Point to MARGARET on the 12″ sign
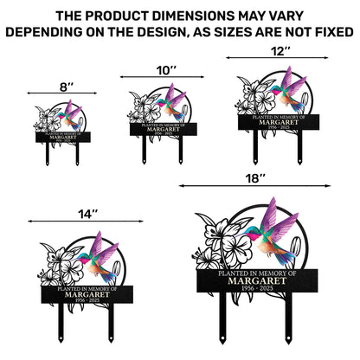click(x=274, y=121)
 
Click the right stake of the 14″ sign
click(x=111, y=329)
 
